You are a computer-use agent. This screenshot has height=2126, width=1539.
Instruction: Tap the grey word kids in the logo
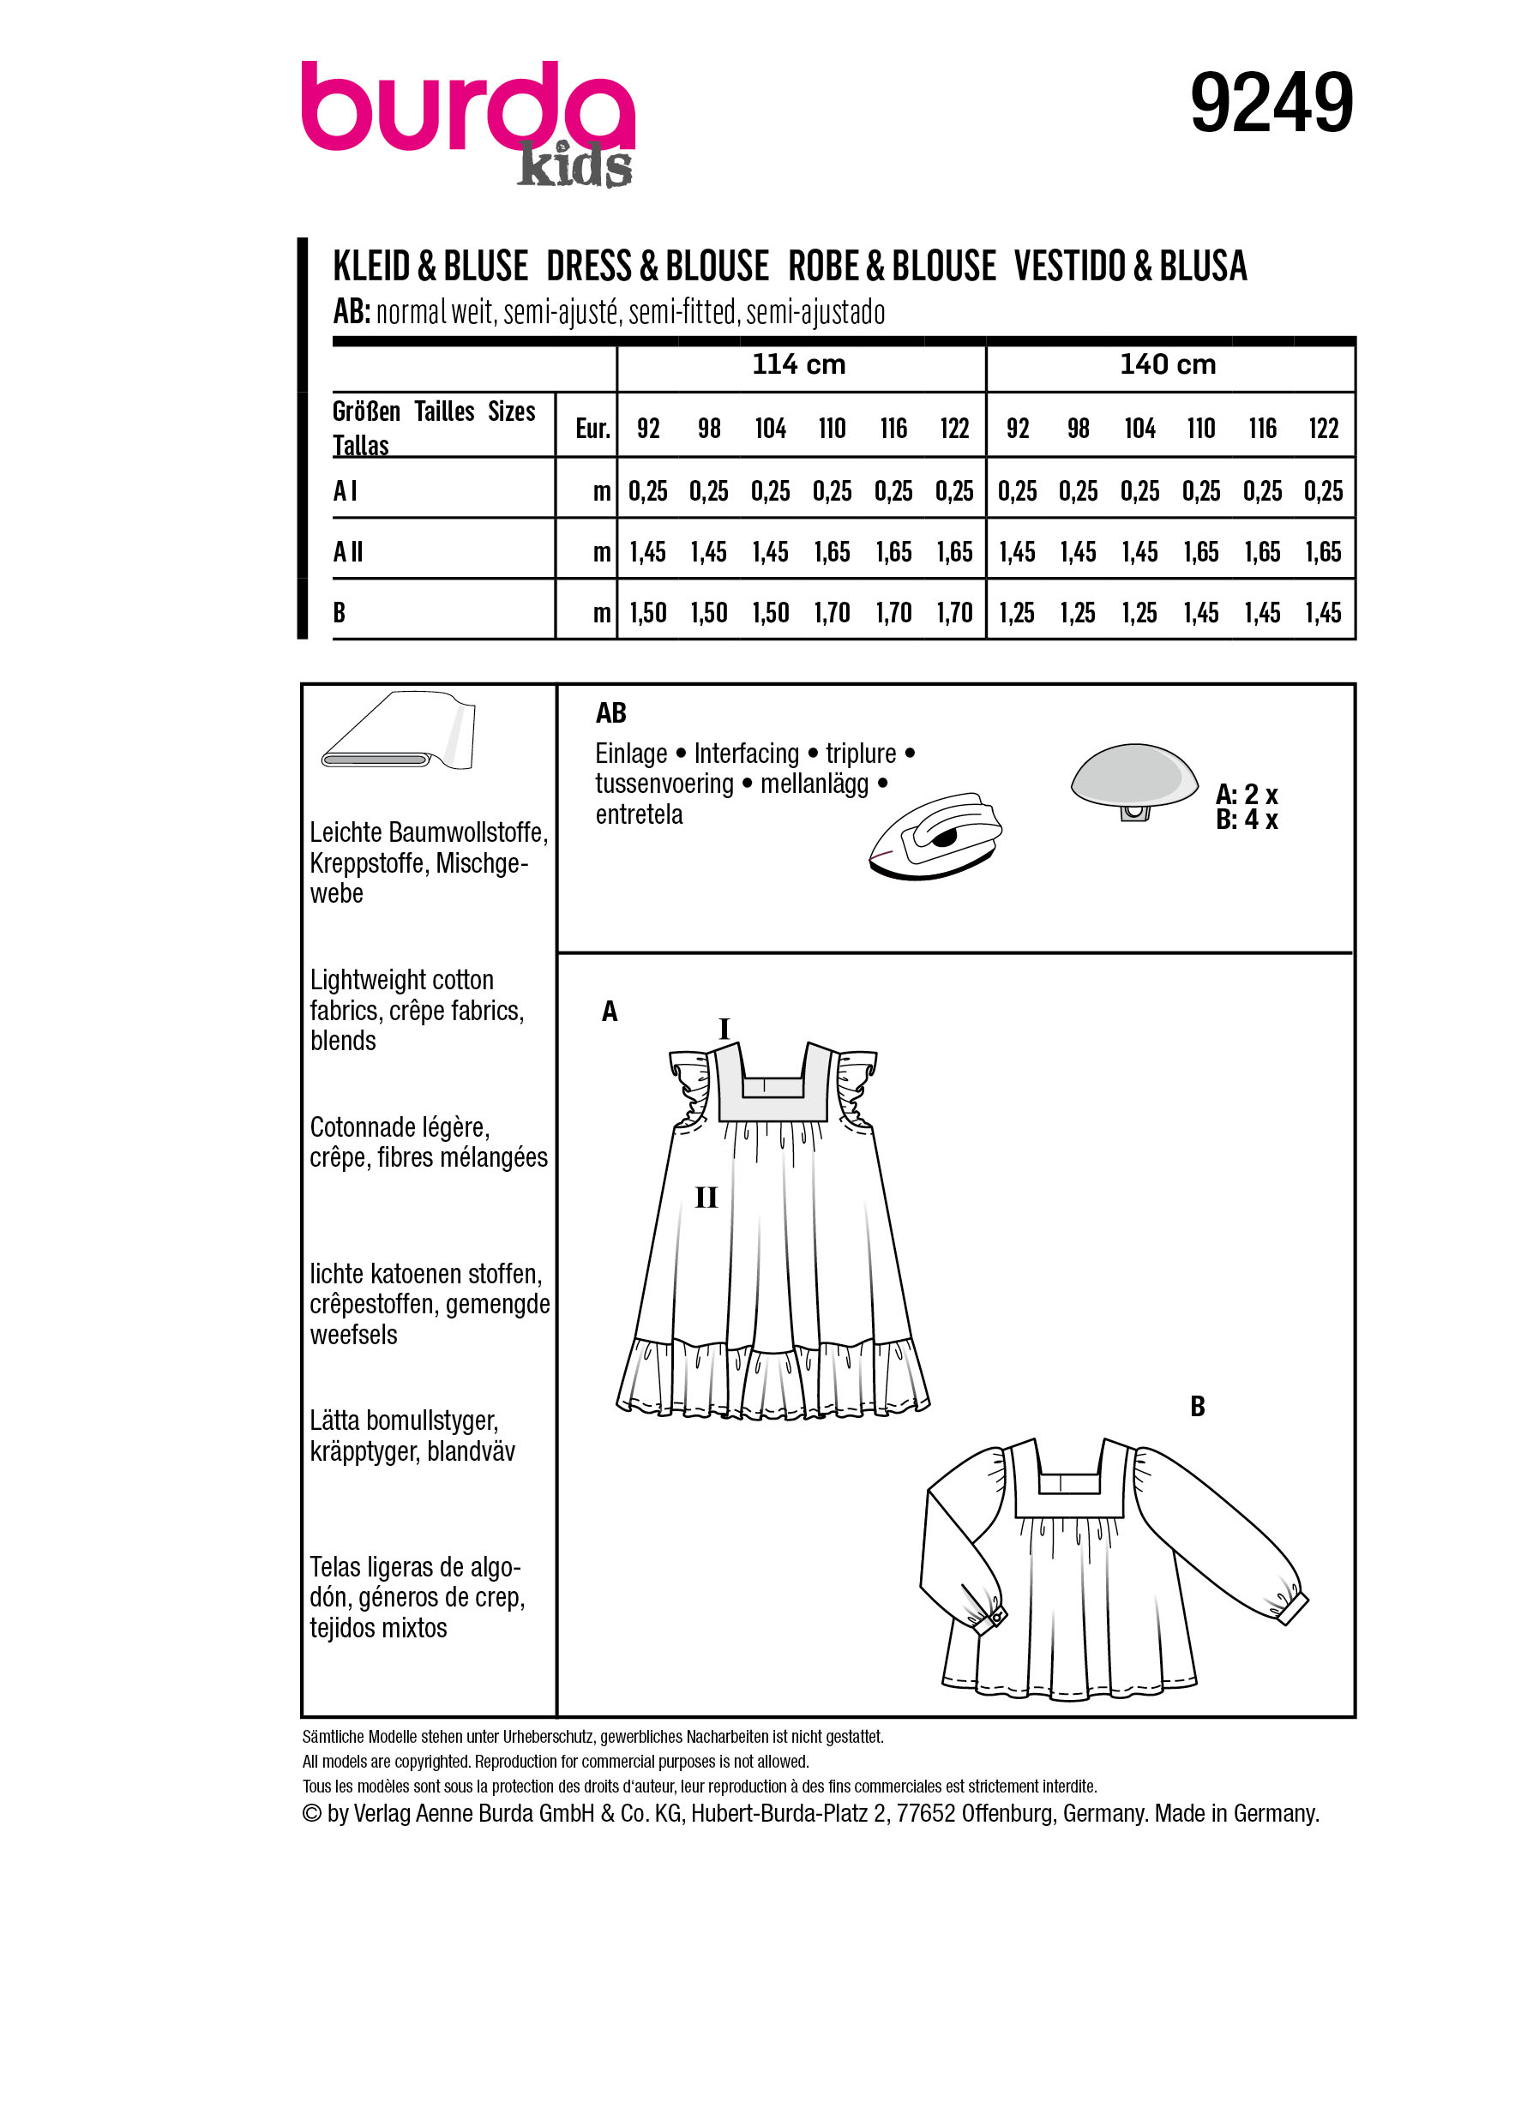(x=574, y=168)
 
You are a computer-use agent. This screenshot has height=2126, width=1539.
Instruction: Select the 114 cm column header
(x=798, y=364)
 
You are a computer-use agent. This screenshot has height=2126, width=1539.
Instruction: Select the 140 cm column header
(x=1167, y=364)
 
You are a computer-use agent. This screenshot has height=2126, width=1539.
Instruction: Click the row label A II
(x=349, y=552)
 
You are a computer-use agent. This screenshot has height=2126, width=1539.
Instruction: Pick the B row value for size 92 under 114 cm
(x=647, y=613)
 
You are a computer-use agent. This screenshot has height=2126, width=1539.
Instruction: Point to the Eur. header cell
(x=592, y=429)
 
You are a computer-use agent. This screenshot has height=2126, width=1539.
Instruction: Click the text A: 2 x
(x=1246, y=795)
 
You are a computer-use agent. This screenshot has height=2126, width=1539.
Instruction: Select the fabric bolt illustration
(x=399, y=732)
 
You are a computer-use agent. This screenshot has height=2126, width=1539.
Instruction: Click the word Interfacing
(x=746, y=754)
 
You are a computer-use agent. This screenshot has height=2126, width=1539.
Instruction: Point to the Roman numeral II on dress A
(x=706, y=1197)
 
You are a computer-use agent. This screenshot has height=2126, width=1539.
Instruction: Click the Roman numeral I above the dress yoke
(x=724, y=1030)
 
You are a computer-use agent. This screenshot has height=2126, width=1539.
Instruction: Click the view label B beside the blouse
(x=1197, y=1406)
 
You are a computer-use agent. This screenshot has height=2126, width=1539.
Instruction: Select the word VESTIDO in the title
(x=1070, y=267)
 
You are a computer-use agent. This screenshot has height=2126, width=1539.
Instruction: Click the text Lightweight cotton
(x=401, y=981)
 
